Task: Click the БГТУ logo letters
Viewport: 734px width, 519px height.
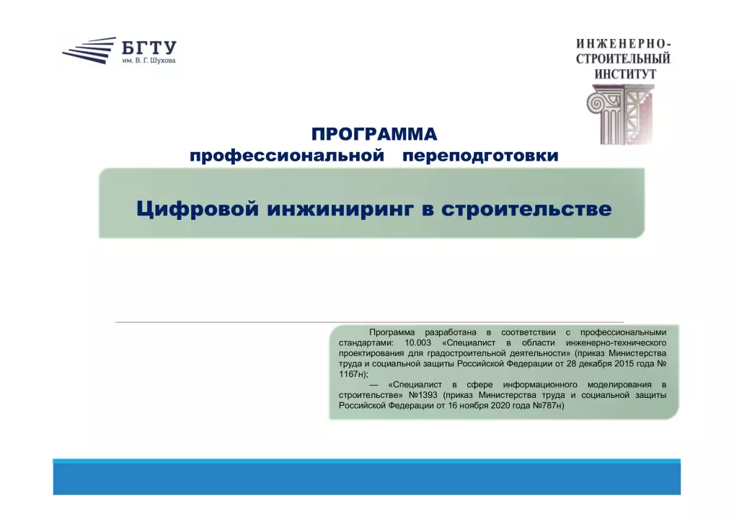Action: pyautogui.click(x=149, y=48)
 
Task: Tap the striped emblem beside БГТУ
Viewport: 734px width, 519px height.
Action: pyautogui.click(x=89, y=50)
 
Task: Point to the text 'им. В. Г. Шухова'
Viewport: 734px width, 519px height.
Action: pyautogui.click(x=149, y=61)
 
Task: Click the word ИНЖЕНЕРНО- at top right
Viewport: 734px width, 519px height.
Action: pyautogui.click(x=624, y=44)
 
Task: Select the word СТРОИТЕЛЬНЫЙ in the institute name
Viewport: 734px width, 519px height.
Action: pyautogui.click(x=623, y=59)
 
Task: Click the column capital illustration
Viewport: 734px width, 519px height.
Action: pyautogui.click(x=620, y=114)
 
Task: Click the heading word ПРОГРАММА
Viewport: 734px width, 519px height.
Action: pyautogui.click(x=374, y=134)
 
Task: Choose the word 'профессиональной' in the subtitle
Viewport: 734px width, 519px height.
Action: pyautogui.click(x=287, y=156)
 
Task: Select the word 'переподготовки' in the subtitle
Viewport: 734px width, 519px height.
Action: pyautogui.click(x=480, y=156)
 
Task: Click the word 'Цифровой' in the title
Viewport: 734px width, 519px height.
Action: pyautogui.click(x=198, y=208)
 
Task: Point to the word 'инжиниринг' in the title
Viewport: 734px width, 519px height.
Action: pyautogui.click(x=340, y=209)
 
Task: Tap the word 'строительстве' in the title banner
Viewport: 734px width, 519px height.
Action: pyautogui.click(x=526, y=209)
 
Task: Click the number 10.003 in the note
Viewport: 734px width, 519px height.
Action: pyautogui.click(x=417, y=342)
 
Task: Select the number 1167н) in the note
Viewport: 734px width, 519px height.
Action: pyautogui.click(x=353, y=374)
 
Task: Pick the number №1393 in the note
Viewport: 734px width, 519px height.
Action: pyautogui.click(x=423, y=395)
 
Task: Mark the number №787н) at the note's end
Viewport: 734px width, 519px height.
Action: pyautogui.click(x=548, y=405)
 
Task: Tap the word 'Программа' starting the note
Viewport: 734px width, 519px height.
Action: pyautogui.click(x=392, y=333)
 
